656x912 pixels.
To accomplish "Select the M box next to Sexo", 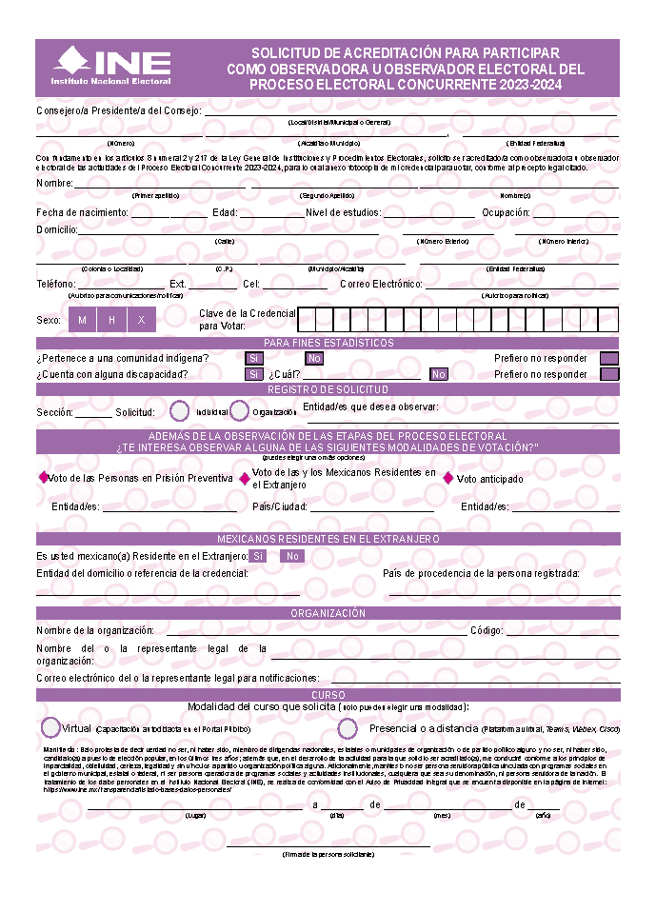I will pyautogui.click(x=83, y=320).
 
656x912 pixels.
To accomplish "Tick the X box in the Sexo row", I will pyautogui.click(x=141, y=320).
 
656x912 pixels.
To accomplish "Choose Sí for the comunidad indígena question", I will pyautogui.click(x=254, y=359).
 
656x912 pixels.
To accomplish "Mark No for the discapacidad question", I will pyautogui.click(x=438, y=374).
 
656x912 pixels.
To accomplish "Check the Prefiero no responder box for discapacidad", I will pyautogui.click(x=609, y=374).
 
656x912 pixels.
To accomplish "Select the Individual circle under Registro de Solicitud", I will pyautogui.click(x=180, y=411).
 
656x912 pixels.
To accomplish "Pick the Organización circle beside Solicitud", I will pyautogui.click(x=239, y=411).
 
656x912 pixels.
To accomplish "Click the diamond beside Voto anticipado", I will pyautogui.click(x=448, y=479).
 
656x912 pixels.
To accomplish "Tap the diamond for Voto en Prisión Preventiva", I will pyautogui.click(x=42, y=478).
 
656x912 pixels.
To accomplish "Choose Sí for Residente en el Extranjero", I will pyautogui.click(x=257, y=556).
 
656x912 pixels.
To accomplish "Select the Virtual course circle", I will pyautogui.click(x=50, y=727).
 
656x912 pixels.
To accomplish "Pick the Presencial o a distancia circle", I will pyautogui.click(x=348, y=728).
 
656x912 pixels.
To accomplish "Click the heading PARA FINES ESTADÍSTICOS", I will pyautogui.click(x=328, y=343).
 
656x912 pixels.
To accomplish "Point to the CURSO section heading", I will pyautogui.click(x=328, y=696).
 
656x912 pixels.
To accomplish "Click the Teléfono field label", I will pyautogui.click(x=55, y=284).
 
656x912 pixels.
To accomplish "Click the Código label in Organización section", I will pyautogui.click(x=486, y=630).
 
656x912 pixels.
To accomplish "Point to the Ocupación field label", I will pyautogui.click(x=506, y=212).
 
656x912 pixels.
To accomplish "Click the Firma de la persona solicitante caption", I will pyautogui.click(x=328, y=855).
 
